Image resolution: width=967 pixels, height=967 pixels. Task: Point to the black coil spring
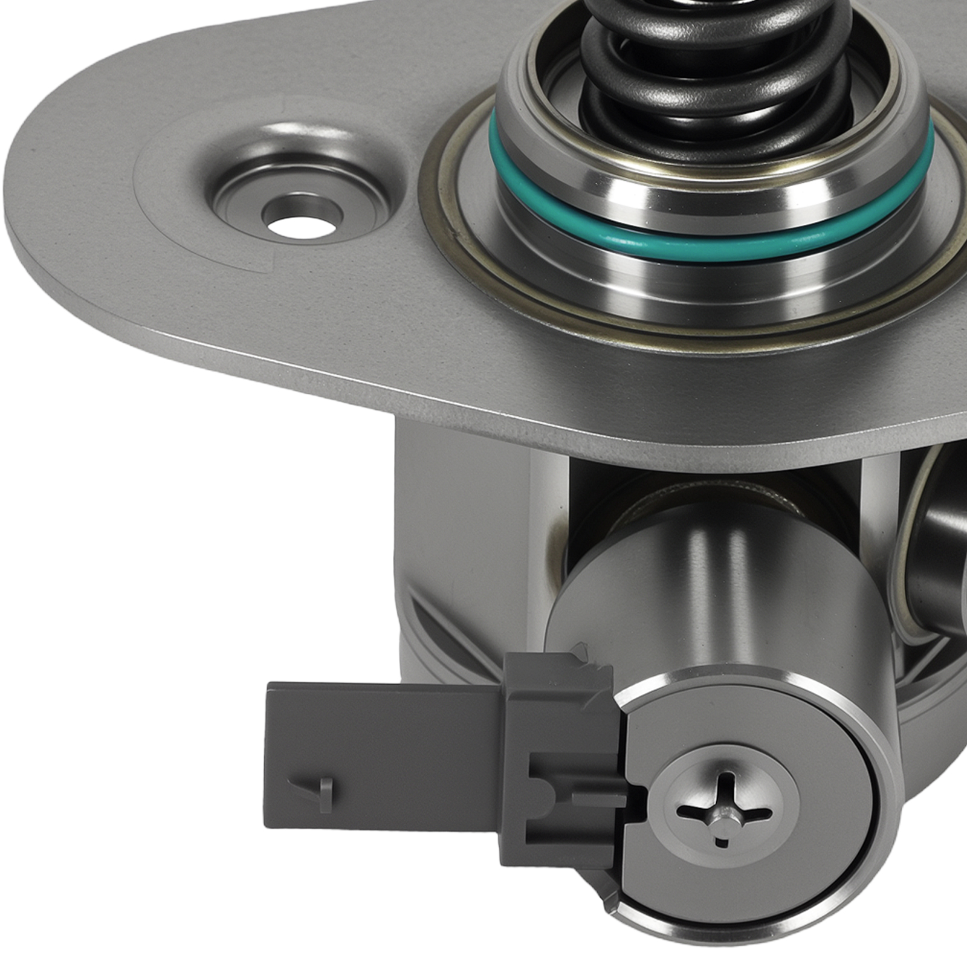713,66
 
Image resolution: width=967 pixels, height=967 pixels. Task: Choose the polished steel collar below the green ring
713,284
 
